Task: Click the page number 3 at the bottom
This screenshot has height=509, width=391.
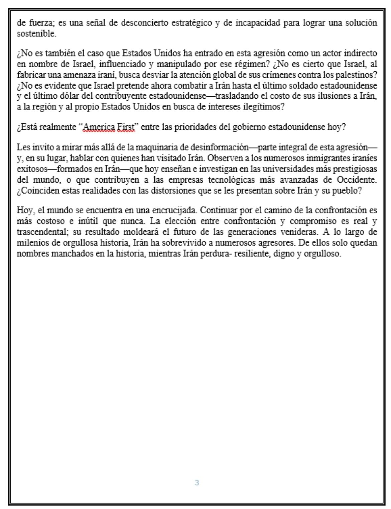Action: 197,483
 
